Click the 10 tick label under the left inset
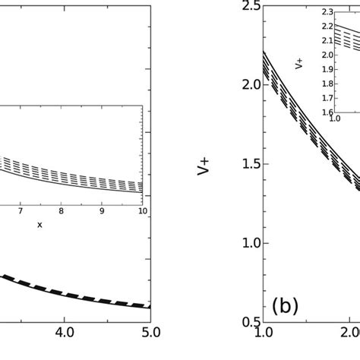coord(141,212)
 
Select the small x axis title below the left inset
coord(39,225)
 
